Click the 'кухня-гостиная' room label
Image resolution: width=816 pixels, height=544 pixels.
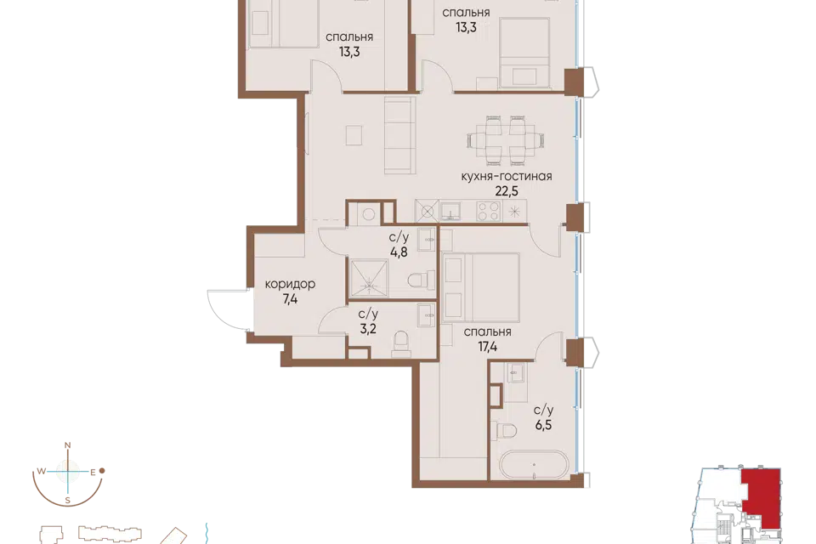[x=507, y=176]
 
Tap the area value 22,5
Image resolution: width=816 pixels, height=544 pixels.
[x=507, y=191]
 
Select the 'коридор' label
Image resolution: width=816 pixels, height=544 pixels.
[x=290, y=284]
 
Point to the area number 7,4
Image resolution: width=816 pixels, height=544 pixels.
[x=290, y=299]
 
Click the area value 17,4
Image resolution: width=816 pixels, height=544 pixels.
[x=488, y=347]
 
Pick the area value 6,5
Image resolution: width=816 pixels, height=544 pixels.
[x=543, y=425]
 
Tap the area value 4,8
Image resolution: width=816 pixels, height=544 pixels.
[x=399, y=252]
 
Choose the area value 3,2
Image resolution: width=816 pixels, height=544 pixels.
[x=368, y=329]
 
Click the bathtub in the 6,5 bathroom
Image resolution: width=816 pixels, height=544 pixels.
[x=534, y=464]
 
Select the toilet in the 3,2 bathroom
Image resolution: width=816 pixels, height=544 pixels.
[x=401, y=343]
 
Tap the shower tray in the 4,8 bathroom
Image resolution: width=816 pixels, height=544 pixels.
[x=369, y=280]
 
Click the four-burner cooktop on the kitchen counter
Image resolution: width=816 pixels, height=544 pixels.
[x=489, y=212]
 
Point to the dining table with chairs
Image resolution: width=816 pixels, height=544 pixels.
[x=507, y=139]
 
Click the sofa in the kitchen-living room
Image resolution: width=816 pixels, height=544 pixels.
[x=400, y=135]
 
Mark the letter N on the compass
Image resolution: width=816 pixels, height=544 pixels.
[x=67, y=445]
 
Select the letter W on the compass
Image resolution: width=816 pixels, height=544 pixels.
[x=41, y=472]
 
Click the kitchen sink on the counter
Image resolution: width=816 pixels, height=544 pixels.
[x=450, y=212]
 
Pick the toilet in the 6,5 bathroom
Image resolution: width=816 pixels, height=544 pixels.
[x=504, y=430]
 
